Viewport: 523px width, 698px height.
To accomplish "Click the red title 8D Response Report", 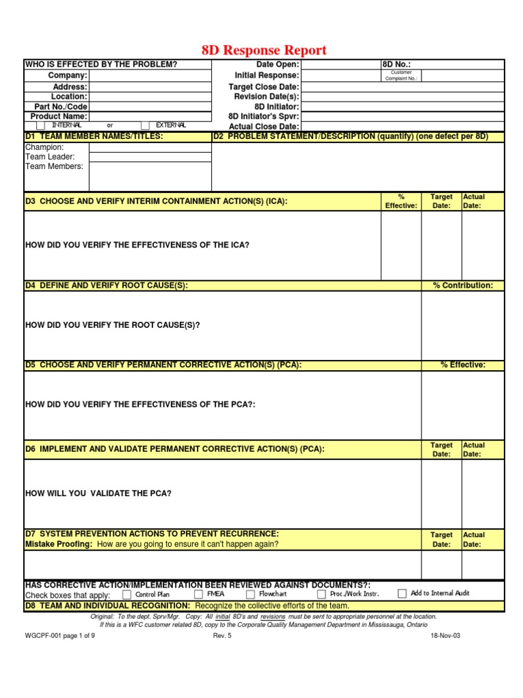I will click(264, 50).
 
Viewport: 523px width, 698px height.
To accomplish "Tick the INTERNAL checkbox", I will click(41, 125).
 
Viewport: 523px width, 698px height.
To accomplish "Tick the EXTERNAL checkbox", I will click(146, 125).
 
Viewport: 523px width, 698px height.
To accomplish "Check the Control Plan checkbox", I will click(127, 594).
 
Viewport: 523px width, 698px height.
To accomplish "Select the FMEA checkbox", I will click(198, 594).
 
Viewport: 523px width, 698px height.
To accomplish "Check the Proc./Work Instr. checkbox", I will click(321, 594).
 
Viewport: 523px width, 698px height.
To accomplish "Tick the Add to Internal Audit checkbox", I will click(402, 594).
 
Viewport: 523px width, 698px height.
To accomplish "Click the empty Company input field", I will click(150, 76).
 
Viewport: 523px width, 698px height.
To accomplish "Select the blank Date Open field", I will click(340, 64).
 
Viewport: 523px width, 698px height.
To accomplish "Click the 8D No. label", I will click(398, 64).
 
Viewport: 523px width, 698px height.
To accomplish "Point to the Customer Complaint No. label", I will click(401, 76).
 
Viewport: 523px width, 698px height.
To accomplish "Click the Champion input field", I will click(150, 147).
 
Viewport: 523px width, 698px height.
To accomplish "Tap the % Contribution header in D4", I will click(463, 286).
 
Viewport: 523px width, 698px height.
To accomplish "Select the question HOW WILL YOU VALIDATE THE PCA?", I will click(98, 493).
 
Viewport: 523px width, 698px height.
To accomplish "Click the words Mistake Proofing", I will click(59, 544).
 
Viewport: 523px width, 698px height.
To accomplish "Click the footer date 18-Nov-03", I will click(445, 635).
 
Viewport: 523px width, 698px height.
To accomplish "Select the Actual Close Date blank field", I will click(402, 126).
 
